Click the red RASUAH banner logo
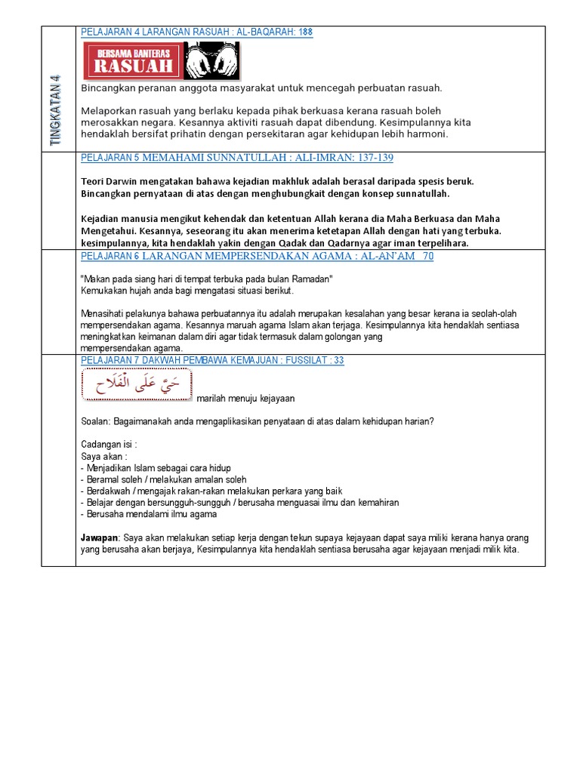point(132,60)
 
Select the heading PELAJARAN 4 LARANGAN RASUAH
point(196,32)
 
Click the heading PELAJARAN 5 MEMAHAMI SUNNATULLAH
point(236,158)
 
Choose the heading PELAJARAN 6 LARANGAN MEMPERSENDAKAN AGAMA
point(257,257)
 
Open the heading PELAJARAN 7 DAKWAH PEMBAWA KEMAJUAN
point(212,361)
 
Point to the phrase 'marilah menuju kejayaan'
point(245,399)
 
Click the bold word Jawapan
point(100,538)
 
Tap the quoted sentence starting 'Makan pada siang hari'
point(207,279)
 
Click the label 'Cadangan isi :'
point(109,445)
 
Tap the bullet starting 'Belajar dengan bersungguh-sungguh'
point(239,503)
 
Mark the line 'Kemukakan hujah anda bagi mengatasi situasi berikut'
point(187,291)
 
